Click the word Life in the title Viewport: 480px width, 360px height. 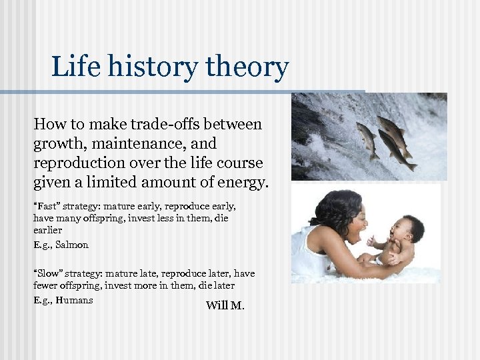pyautogui.click(x=72, y=67)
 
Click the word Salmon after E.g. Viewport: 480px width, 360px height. pyautogui.click(x=72, y=245)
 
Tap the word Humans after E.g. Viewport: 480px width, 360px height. pyautogui.click(x=74, y=300)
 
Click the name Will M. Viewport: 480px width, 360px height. pyautogui.click(x=225, y=306)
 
